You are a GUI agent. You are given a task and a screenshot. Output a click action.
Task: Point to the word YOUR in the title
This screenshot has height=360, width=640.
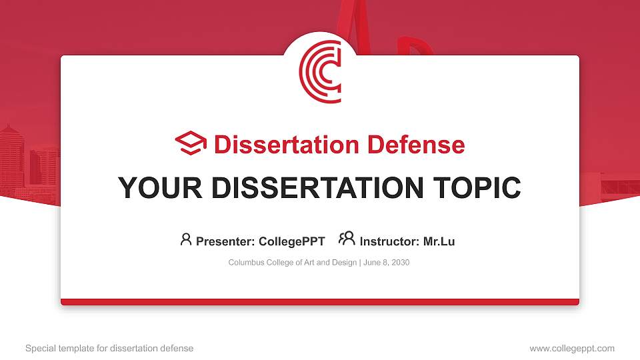pyautogui.click(x=155, y=188)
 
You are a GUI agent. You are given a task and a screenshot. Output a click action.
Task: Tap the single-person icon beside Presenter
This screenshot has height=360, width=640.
pyautogui.click(x=186, y=239)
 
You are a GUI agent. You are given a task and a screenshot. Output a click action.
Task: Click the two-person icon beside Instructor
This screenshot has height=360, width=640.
pyautogui.click(x=347, y=239)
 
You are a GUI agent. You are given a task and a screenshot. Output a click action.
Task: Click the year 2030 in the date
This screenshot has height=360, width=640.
pyautogui.click(x=401, y=263)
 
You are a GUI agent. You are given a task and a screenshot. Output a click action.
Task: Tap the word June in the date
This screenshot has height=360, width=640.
pyautogui.click(x=372, y=263)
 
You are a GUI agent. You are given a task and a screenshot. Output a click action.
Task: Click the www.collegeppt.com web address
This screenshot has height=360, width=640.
pyautogui.click(x=572, y=348)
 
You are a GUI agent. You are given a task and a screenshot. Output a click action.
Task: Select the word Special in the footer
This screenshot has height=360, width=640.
pyautogui.click(x=39, y=348)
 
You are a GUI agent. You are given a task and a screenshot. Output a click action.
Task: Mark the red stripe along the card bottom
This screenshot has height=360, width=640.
pyautogui.click(x=320, y=302)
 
